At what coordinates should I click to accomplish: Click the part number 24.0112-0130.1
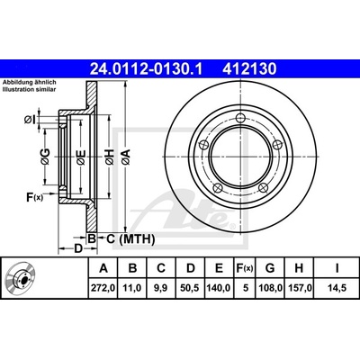tap(147, 69)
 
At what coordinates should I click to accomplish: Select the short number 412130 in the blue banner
tap(249, 69)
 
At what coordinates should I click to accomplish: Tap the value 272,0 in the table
tap(103, 288)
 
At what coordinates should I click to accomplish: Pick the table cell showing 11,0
tap(132, 288)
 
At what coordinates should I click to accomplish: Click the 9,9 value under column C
tap(161, 288)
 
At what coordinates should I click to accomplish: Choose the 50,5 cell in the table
tap(191, 288)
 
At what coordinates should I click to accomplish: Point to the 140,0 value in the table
tap(219, 288)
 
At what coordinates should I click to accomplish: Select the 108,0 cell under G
tap(270, 288)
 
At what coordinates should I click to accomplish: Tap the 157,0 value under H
tap(299, 288)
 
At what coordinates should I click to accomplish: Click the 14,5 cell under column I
tap(337, 288)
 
